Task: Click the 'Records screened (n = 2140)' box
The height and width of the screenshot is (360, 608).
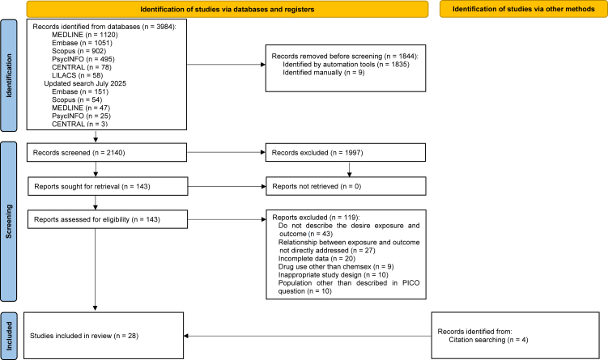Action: click(107, 152)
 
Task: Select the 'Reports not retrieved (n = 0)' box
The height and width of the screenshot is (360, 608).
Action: click(346, 186)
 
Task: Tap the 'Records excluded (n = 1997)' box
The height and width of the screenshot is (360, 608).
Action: click(346, 152)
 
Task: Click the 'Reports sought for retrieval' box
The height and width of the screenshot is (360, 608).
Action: click(108, 186)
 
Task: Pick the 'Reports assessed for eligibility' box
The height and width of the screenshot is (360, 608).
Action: click(108, 219)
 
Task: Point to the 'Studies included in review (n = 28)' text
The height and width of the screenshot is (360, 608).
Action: click(84, 336)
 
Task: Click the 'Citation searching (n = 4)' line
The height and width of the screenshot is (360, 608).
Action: click(488, 340)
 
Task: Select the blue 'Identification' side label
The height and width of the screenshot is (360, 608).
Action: click(9, 75)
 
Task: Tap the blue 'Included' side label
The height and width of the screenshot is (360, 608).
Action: click(9, 336)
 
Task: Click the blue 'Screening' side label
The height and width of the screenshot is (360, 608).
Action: click(9, 222)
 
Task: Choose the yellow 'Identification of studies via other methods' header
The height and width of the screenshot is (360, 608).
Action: click(524, 9)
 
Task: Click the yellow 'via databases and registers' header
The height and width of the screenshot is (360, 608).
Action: click(227, 9)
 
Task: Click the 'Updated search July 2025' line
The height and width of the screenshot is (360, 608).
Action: click(85, 83)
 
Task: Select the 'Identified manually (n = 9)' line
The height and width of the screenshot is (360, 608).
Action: click(323, 73)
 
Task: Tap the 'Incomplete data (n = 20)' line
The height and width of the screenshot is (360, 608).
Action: click(317, 258)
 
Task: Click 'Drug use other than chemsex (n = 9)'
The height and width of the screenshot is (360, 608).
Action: click(336, 267)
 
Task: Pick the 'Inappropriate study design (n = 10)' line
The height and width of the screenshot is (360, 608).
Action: click(333, 275)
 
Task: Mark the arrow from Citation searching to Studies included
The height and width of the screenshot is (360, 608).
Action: click(308, 336)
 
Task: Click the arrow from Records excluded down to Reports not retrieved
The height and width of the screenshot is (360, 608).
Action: click(350, 169)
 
